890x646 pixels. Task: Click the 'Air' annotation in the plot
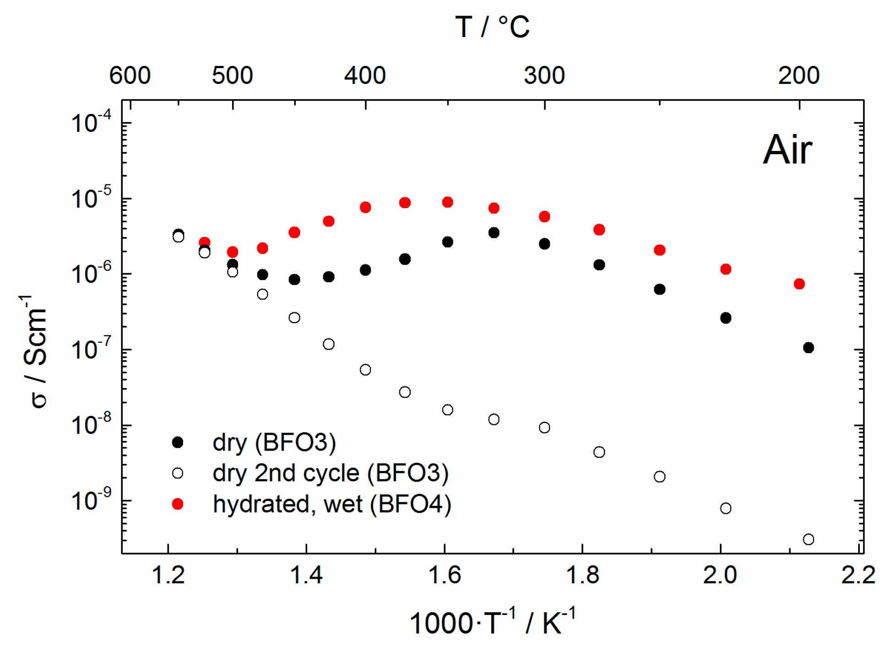787,150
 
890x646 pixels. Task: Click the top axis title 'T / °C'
492,27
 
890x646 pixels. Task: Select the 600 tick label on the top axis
130,75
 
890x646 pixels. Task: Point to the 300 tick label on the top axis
544,75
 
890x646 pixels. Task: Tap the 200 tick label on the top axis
798,75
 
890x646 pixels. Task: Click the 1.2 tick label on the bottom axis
168,575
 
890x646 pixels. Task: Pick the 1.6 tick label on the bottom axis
444,575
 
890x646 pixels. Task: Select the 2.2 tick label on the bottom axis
858,575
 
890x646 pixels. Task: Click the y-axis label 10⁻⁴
91,122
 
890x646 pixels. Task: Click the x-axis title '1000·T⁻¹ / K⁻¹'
492,622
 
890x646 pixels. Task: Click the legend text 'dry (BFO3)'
274,442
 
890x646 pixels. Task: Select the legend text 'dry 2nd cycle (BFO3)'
331,473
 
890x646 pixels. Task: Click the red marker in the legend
178,504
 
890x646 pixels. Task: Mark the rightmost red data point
799,284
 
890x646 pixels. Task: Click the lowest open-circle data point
809,539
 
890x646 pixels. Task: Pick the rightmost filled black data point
809,348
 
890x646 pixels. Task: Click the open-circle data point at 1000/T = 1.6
448,410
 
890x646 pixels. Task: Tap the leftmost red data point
205,242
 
